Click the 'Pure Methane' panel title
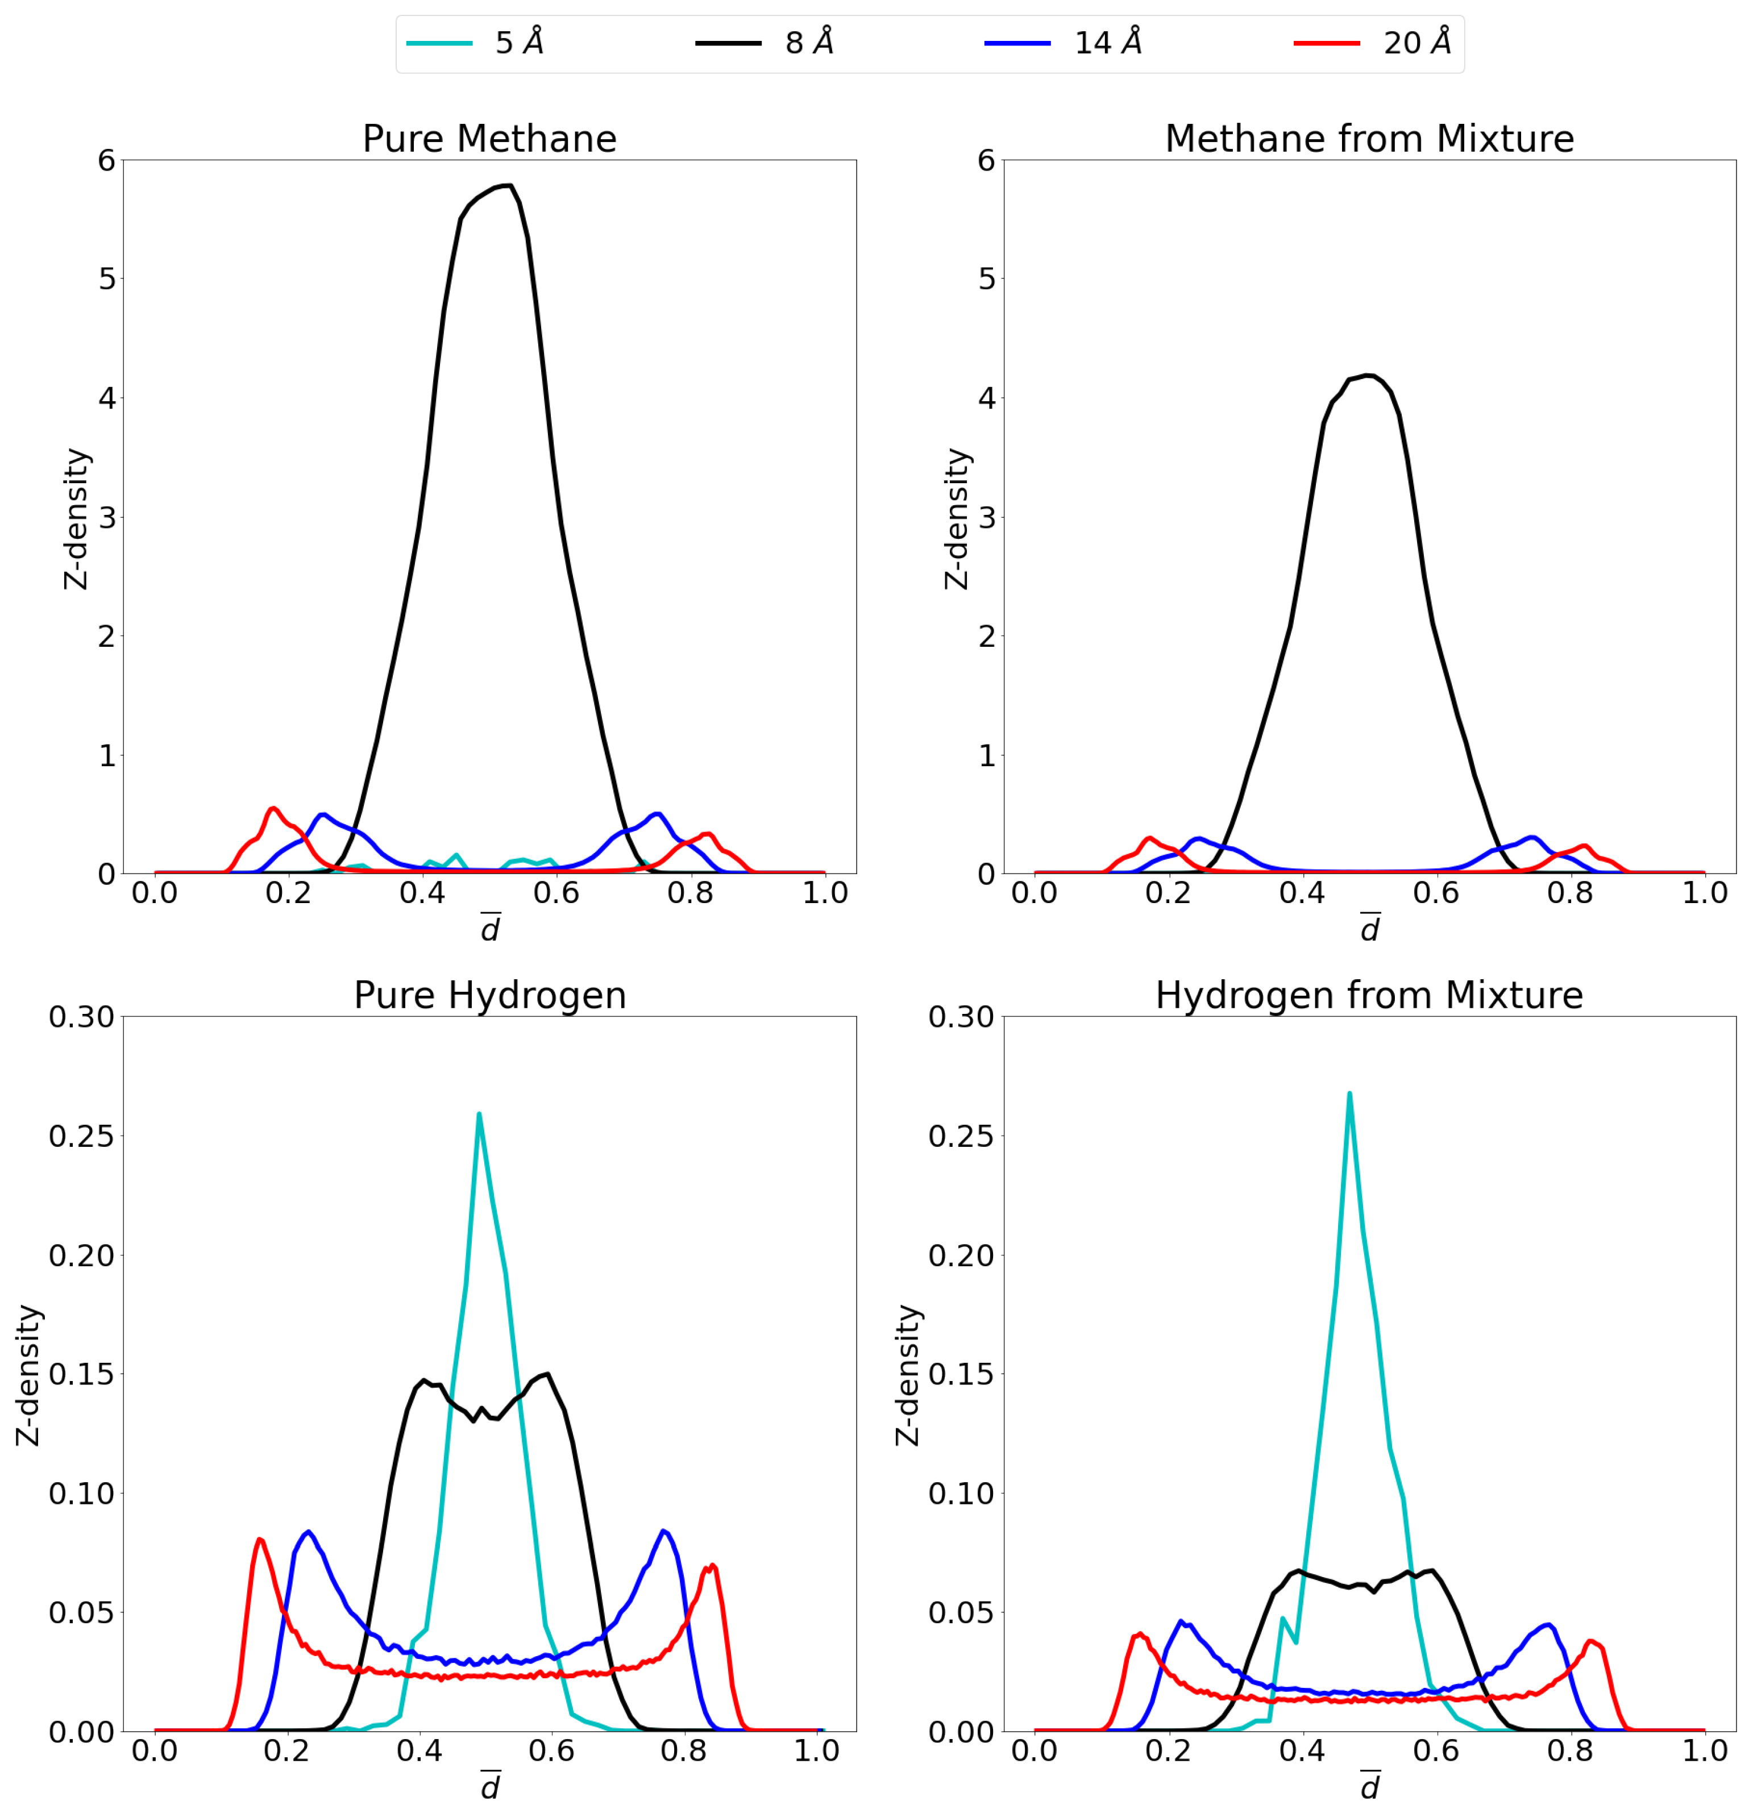[489, 139]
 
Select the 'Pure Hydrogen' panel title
[489, 996]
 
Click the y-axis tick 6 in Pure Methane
[107, 161]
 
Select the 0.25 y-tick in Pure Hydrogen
[81, 1136]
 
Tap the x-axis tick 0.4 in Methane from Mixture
[1302, 893]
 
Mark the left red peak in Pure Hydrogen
[259, 1540]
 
